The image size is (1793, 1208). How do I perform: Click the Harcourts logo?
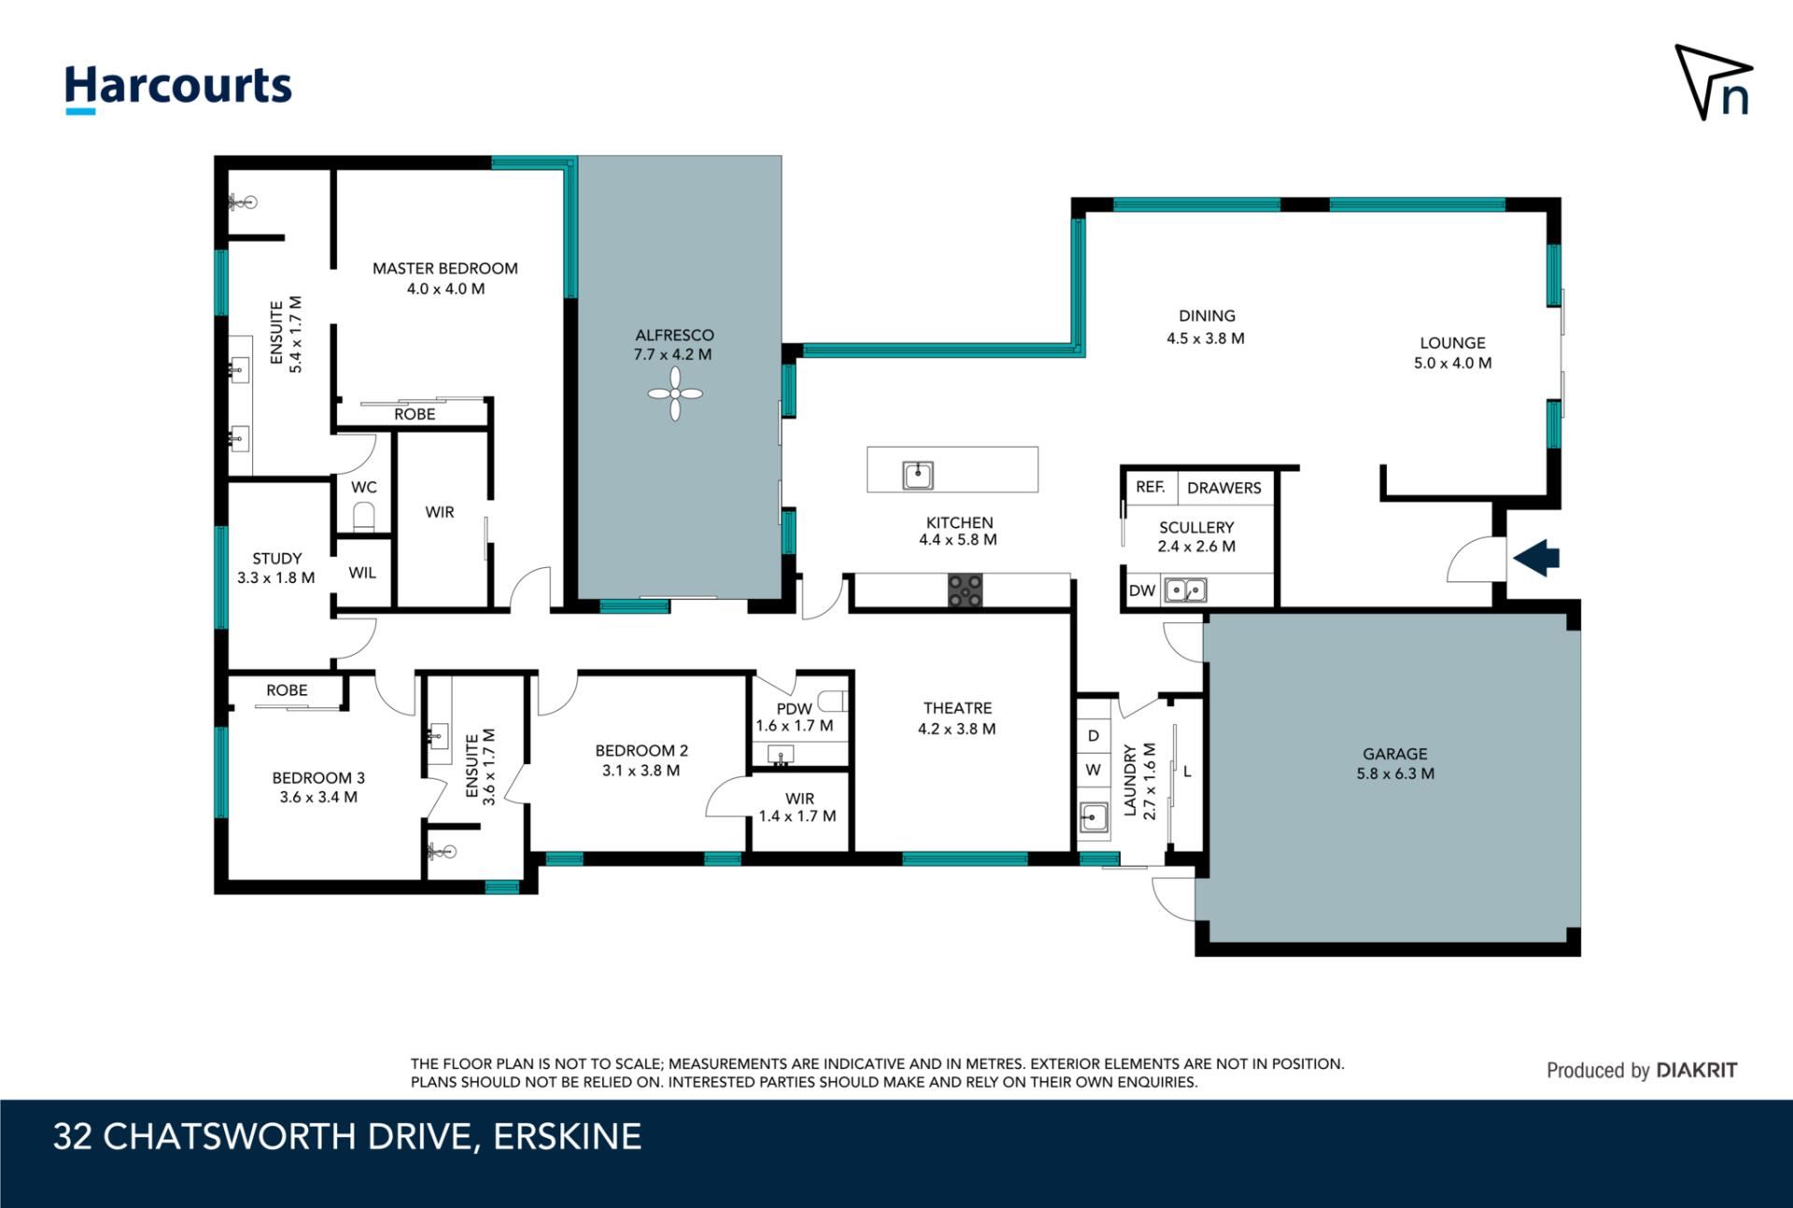pyautogui.click(x=178, y=89)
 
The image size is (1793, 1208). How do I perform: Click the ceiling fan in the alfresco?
pyautogui.click(x=675, y=393)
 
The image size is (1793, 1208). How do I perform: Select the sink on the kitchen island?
pyautogui.click(x=918, y=475)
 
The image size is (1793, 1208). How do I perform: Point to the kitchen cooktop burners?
pyautogui.click(x=966, y=590)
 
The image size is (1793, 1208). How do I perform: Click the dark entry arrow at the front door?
pyautogui.click(x=1536, y=558)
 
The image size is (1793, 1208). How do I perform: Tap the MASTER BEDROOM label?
pyautogui.click(x=445, y=268)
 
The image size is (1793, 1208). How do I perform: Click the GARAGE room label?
pyautogui.click(x=1395, y=753)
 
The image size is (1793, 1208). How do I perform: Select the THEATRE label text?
pyautogui.click(x=957, y=708)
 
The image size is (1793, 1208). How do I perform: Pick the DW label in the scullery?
pyautogui.click(x=1142, y=590)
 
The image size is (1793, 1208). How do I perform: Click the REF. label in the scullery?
pyautogui.click(x=1151, y=487)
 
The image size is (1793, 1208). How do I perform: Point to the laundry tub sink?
pyautogui.click(x=1094, y=817)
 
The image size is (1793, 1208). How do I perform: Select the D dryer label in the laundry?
pyautogui.click(x=1094, y=735)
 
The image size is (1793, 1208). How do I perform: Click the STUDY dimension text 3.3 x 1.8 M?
pyautogui.click(x=276, y=577)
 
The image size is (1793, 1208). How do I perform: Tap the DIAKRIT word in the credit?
pyautogui.click(x=1696, y=1071)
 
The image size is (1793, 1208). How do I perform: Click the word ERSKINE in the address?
pyautogui.click(x=568, y=1136)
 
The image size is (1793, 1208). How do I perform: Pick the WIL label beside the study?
pyautogui.click(x=362, y=573)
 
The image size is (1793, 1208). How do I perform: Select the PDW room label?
pyautogui.click(x=794, y=708)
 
